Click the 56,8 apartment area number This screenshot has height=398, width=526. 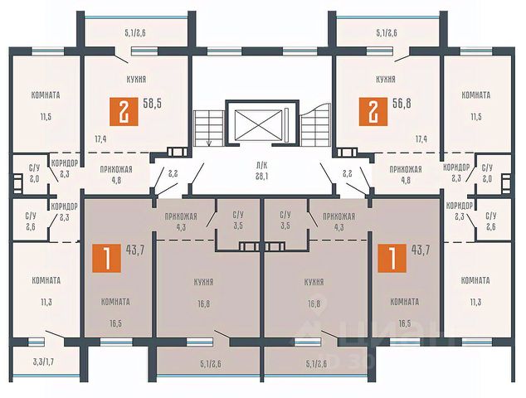(x=401, y=105)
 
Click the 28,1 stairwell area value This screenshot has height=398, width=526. (x=263, y=175)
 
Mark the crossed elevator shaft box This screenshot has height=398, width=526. (x=263, y=124)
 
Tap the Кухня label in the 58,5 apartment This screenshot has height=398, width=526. (x=139, y=80)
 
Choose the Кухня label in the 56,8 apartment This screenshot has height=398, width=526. (x=385, y=80)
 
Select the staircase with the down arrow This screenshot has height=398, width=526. (x=208, y=127)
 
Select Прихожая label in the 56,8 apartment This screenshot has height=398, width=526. (x=406, y=167)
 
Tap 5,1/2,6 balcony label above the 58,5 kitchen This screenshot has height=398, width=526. (x=135, y=32)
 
